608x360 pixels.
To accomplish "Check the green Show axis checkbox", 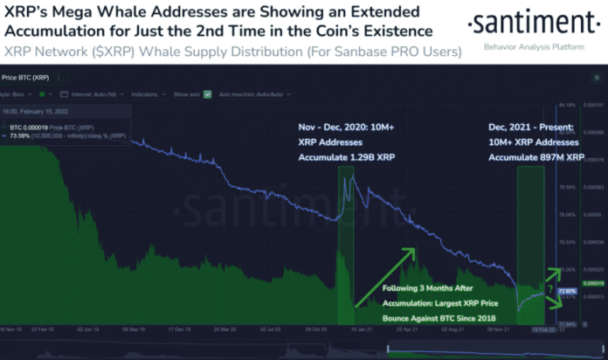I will tap(207, 93).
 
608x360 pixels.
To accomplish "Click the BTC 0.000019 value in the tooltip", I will tap(30, 128).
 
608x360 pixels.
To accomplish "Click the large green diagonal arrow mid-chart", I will tap(389, 273).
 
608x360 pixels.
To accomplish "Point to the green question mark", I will tap(549, 288).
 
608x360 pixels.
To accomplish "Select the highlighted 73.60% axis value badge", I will tap(567, 291).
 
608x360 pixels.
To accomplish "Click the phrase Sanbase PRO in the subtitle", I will tap(345, 52).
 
